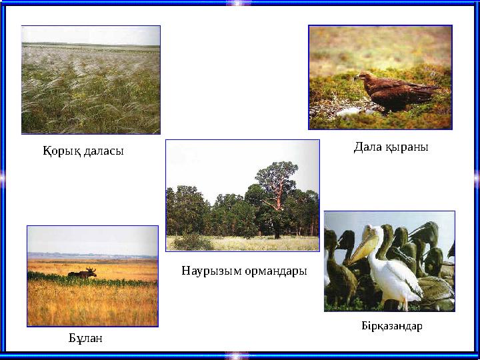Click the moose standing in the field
[x=83, y=273]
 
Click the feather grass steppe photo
[x=91, y=79]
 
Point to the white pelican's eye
[x=375, y=233]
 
